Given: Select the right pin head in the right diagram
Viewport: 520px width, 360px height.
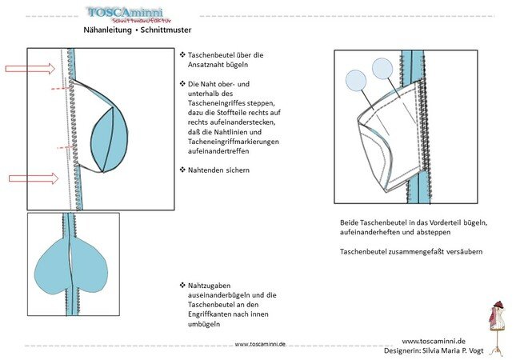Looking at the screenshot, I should click(383, 69).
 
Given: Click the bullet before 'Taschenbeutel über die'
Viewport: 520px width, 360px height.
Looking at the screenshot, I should click(182, 54).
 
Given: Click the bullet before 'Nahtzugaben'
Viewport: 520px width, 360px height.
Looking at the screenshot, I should click(182, 285).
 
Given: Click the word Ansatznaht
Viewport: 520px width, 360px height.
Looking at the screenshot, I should click(217, 65).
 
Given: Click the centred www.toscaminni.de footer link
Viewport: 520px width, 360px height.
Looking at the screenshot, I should click(260, 344).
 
